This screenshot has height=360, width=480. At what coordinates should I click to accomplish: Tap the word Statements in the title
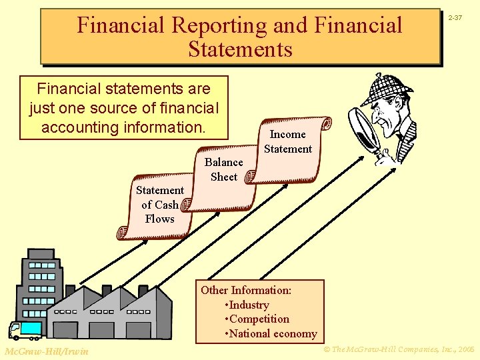[x=240, y=49]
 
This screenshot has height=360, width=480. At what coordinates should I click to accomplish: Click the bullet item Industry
[x=249, y=305]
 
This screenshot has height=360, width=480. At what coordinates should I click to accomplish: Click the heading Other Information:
[x=246, y=290]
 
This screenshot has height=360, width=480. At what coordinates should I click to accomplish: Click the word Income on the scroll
[x=288, y=135]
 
